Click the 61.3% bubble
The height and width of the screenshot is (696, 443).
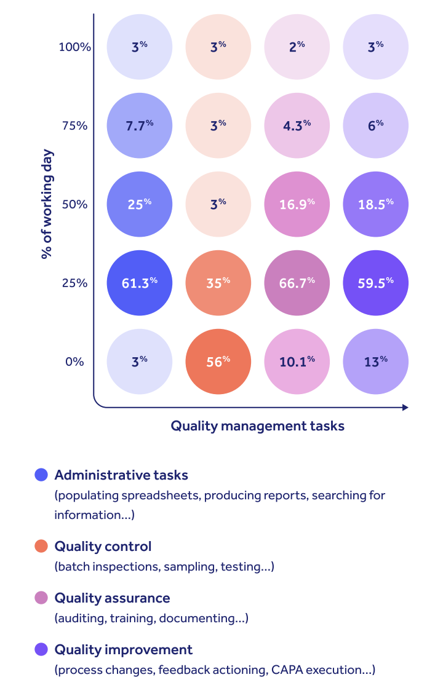pos(140,283)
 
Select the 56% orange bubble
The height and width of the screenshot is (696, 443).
pos(218,362)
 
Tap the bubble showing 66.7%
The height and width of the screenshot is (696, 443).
pos(297,283)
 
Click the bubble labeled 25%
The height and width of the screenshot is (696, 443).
pos(140,204)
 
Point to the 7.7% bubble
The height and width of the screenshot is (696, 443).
pos(140,125)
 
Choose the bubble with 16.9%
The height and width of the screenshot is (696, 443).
pos(297,204)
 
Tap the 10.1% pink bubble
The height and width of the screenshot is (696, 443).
pos(297,362)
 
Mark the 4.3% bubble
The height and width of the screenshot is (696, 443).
pos(297,125)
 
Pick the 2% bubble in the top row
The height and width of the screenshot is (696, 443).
pos(297,47)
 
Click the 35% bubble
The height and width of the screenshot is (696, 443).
pos(218,283)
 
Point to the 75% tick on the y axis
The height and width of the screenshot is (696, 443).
pos(74,125)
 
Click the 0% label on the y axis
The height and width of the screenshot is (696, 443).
pos(74,362)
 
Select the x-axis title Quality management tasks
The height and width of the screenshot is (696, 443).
pos(257,425)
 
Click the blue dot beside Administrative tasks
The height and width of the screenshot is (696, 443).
pos(41,475)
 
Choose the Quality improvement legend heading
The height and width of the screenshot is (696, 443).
pos(124,649)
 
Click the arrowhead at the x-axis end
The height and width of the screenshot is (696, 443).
pos(405,407)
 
